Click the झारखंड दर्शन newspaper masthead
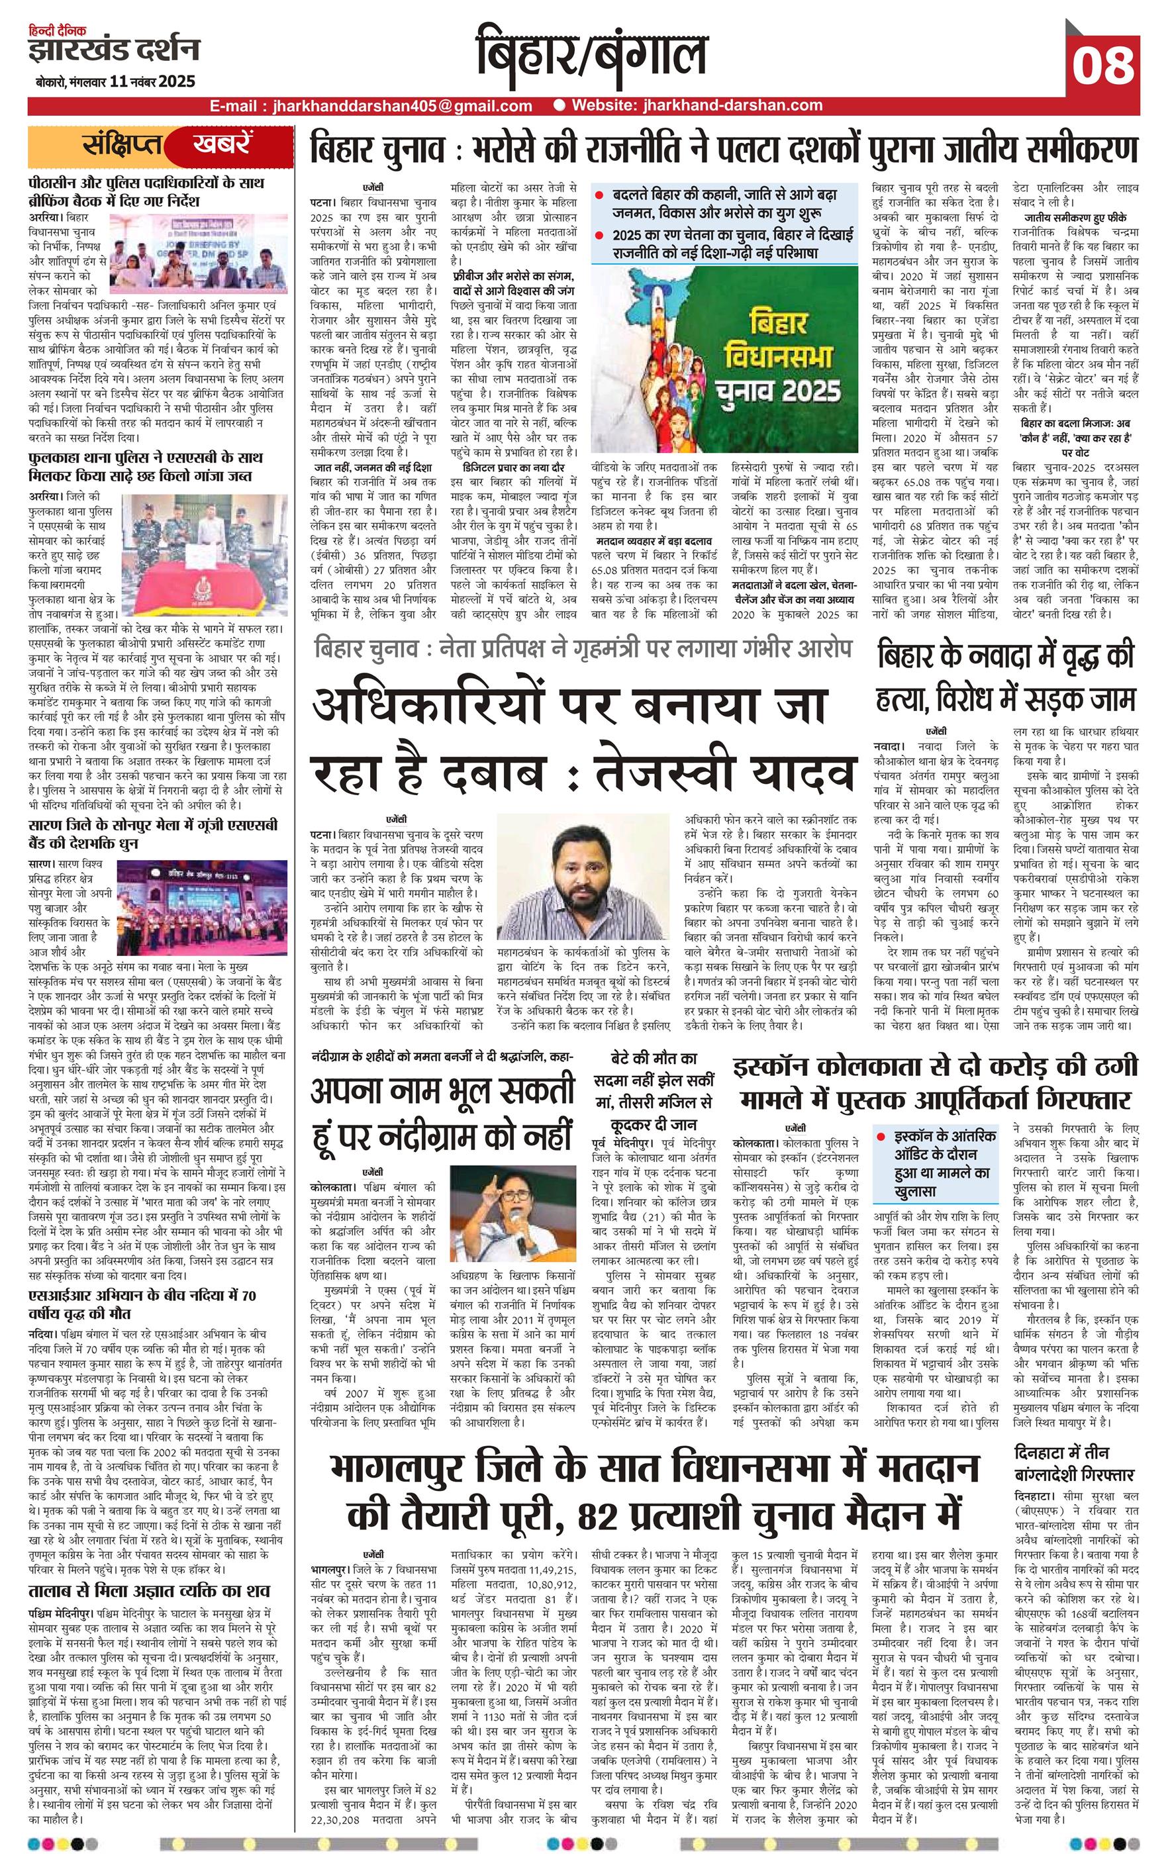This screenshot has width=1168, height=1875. tap(115, 51)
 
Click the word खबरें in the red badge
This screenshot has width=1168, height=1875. tap(222, 144)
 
